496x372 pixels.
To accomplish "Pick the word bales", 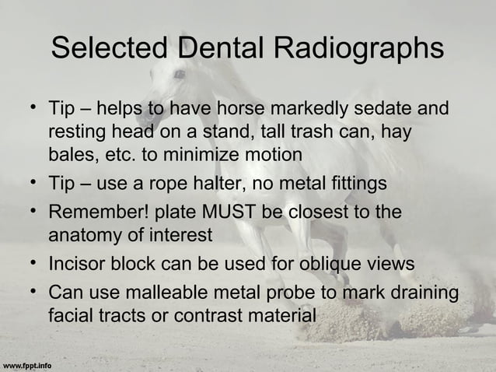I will tap(72, 154).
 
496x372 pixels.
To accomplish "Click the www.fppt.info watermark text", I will tap(27, 364).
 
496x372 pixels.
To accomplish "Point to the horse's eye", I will tap(180, 75).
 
